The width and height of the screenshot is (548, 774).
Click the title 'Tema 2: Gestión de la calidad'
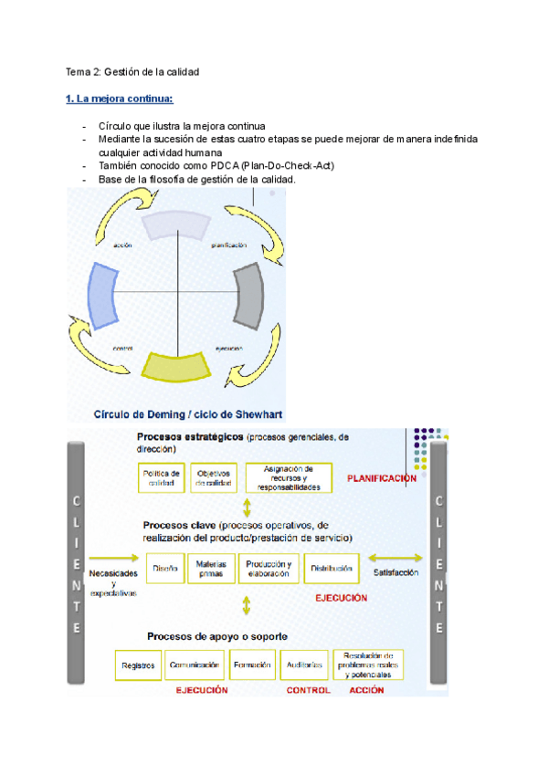132,71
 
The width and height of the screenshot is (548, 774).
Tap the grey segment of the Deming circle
248,294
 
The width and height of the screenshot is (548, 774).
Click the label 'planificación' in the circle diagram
228,246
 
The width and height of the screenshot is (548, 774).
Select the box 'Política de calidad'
162,477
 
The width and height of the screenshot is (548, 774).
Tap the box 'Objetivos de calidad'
215,477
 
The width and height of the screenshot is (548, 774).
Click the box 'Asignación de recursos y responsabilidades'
289,477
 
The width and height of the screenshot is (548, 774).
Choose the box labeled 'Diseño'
165,569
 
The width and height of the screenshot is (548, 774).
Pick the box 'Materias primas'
211,570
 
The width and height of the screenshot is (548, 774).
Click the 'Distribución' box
331,569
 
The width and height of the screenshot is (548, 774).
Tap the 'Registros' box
139,665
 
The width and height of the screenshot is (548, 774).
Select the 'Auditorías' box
302,665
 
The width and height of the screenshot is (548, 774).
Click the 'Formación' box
251,665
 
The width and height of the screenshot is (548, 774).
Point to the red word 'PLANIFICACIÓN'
382,478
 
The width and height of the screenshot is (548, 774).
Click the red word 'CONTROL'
309,691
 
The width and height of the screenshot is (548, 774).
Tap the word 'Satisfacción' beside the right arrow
395,572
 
